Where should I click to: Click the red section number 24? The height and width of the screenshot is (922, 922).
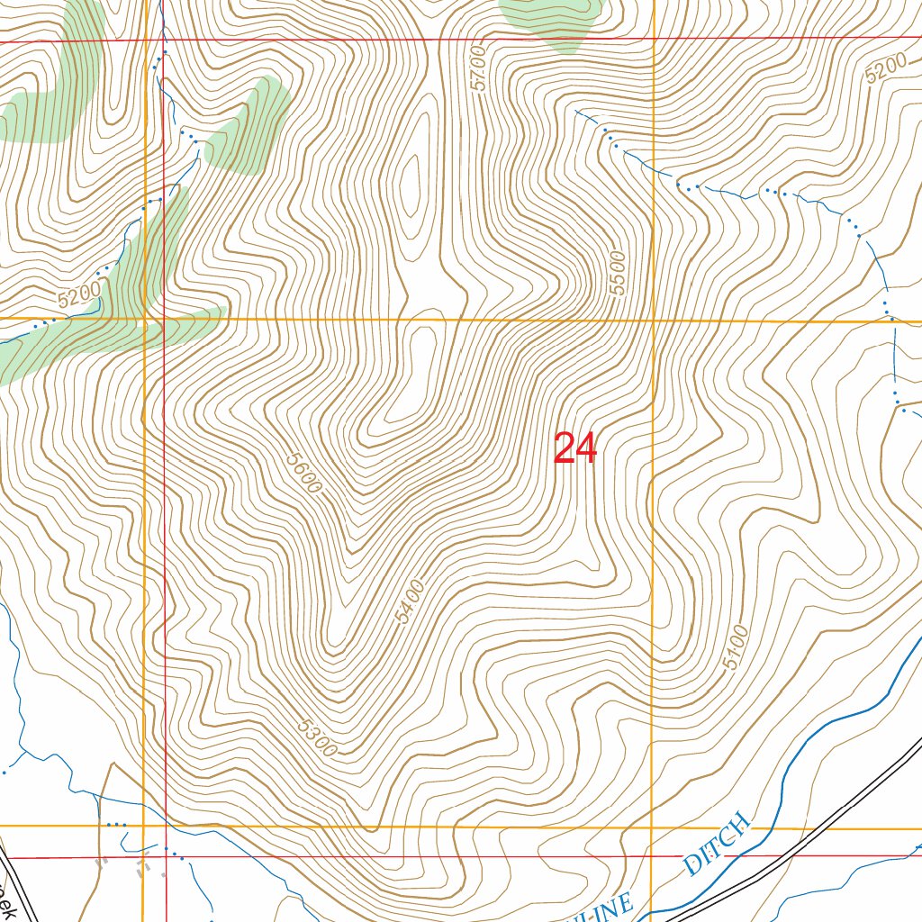[x=575, y=448]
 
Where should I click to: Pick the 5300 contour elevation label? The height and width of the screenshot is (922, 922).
[x=315, y=736]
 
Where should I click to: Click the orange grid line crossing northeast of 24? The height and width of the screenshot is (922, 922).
[x=652, y=321]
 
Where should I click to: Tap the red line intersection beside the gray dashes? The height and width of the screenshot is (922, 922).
[x=166, y=858]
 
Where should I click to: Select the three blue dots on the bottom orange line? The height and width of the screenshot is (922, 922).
[x=116, y=825]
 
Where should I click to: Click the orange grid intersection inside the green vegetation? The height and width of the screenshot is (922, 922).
[x=144, y=319]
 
